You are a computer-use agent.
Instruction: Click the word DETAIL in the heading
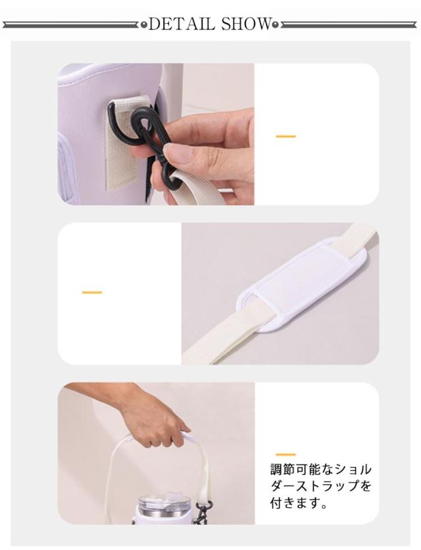(182, 24)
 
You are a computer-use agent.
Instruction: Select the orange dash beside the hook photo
(285, 136)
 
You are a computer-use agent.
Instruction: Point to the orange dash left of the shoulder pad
(92, 292)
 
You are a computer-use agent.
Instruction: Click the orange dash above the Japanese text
(285, 455)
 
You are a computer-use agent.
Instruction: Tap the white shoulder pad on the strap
(303, 285)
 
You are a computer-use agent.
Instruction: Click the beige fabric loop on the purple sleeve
(122, 144)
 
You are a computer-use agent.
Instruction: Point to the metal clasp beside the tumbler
(203, 512)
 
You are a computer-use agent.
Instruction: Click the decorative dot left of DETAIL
(144, 25)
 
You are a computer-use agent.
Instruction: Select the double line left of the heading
(71, 25)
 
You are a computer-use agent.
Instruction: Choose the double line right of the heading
(349, 25)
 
